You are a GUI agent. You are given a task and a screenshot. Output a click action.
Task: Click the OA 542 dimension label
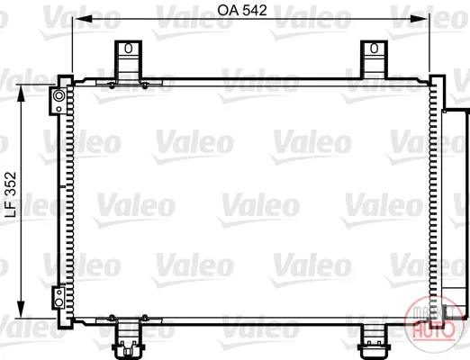point(242,11)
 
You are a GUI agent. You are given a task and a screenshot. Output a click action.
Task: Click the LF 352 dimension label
point(11,194)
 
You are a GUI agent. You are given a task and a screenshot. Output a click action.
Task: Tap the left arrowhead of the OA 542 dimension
point(84,19)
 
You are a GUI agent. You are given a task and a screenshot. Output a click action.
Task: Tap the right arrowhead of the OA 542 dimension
point(419,19)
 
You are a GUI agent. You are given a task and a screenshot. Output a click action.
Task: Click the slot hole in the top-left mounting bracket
point(129,48)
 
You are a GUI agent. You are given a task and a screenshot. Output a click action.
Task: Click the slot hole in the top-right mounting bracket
point(374,48)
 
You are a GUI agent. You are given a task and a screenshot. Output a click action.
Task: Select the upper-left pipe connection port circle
point(59,96)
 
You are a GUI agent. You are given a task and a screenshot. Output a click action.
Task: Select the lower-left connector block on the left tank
point(59,298)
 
